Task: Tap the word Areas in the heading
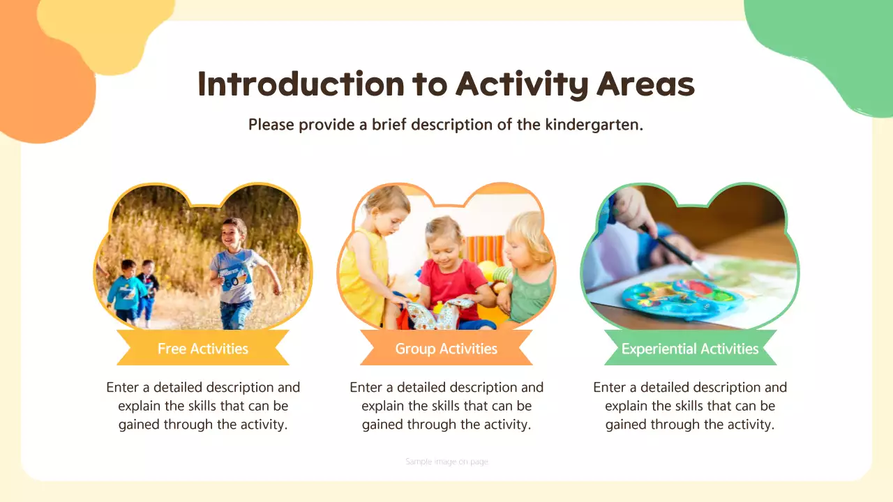645,84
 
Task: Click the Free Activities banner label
202,349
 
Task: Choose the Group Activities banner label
446,349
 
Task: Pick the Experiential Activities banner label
689,349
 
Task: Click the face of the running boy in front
234,231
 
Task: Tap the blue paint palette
673,298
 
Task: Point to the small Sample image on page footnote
446,462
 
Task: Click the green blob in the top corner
830,42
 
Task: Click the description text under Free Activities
202,406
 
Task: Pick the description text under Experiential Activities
689,406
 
